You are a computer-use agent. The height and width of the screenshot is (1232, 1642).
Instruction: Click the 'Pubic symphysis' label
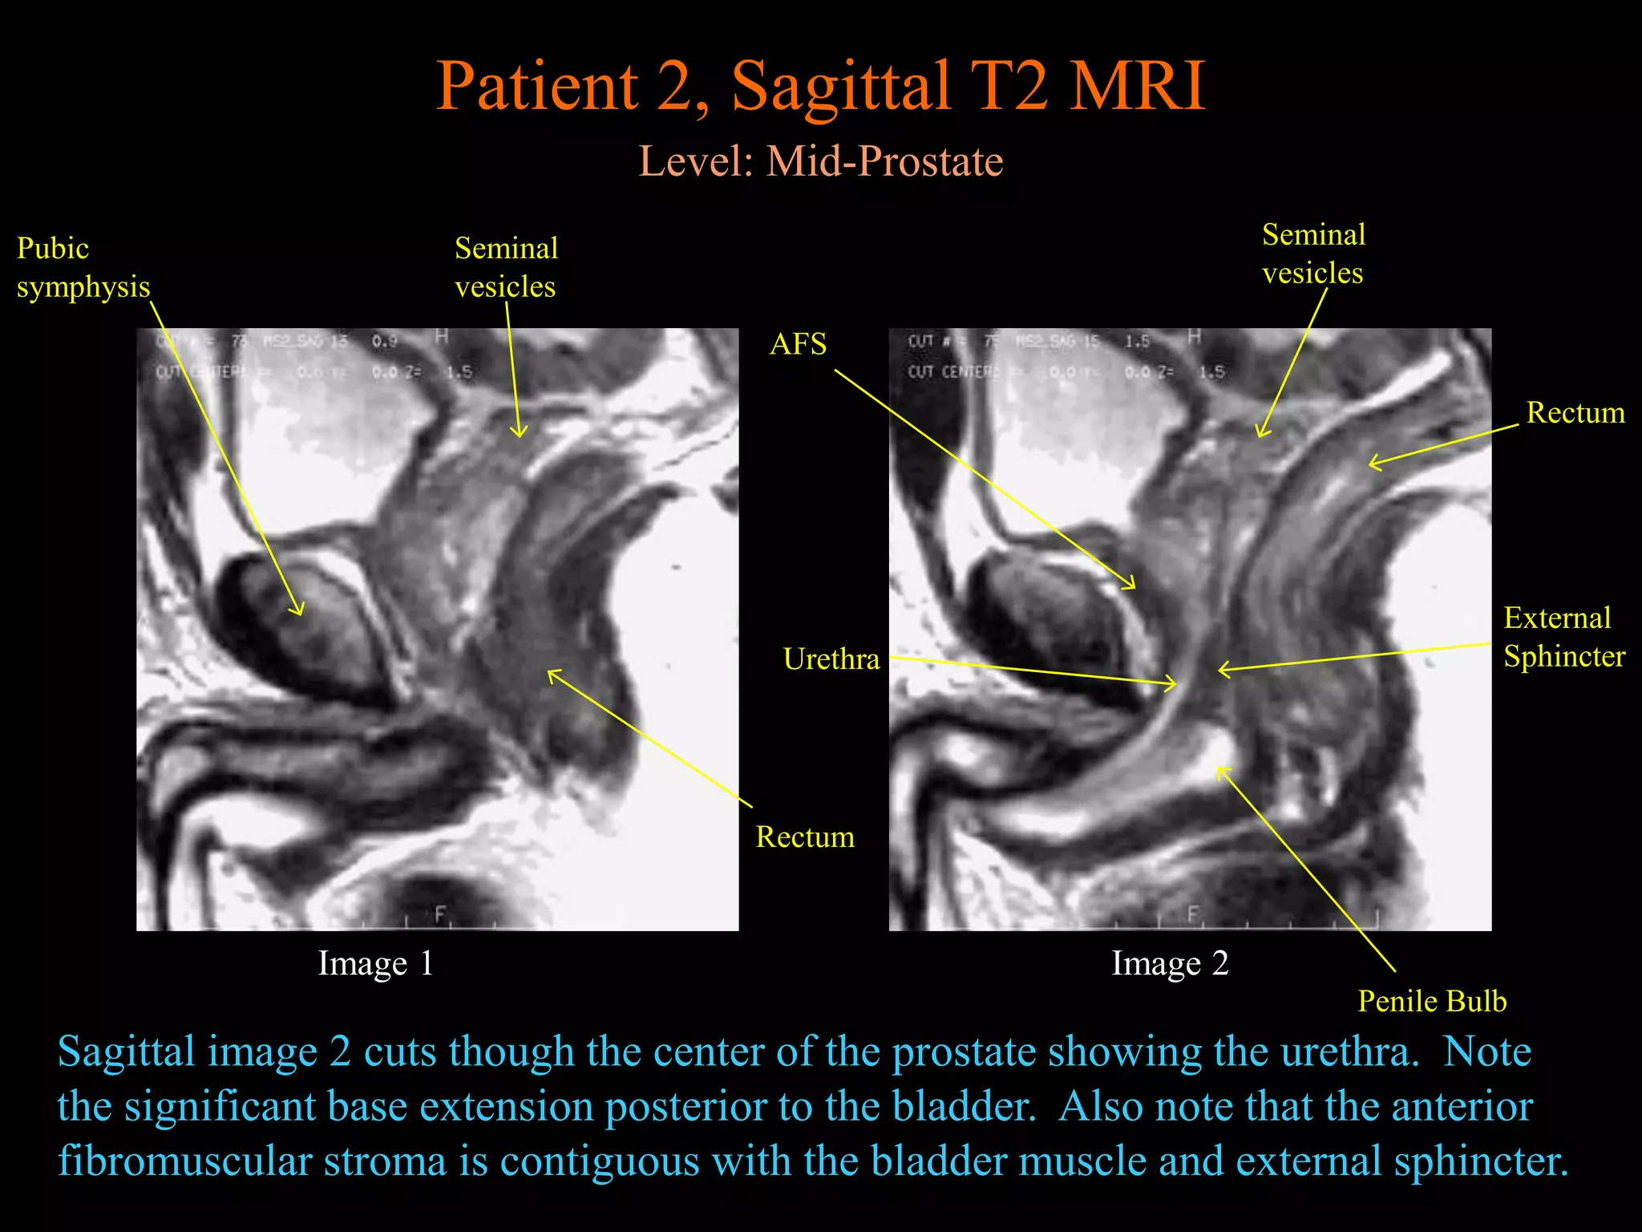[83, 267]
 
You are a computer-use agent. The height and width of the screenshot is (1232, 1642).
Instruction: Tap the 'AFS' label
[798, 344]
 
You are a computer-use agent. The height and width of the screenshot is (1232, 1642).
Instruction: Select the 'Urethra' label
[831, 659]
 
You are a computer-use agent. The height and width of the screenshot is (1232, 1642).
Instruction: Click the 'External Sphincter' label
[1563, 637]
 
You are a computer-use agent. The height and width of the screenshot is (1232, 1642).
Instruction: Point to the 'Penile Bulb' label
[1432, 1001]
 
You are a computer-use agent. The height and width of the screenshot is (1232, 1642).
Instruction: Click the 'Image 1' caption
[375, 963]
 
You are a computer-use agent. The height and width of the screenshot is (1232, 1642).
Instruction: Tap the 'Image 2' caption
[1169, 963]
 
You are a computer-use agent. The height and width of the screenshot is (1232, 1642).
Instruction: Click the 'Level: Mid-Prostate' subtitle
[820, 161]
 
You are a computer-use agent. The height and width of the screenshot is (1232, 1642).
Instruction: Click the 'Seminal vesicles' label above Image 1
[506, 267]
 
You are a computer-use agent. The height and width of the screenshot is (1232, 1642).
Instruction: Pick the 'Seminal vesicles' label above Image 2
[1313, 253]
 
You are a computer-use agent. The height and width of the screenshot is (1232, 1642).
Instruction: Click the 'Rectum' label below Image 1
[805, 837]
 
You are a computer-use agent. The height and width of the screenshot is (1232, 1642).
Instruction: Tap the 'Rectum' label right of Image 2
[1575, 412]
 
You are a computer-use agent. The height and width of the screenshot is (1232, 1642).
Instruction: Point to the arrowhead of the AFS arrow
[1133, 586]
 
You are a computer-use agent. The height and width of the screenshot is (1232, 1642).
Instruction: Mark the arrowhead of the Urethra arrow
[1175, 683]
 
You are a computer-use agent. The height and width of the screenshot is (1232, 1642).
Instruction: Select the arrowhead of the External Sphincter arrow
[1220, 669]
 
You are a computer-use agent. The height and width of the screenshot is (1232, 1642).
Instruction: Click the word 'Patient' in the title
[537, 86]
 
